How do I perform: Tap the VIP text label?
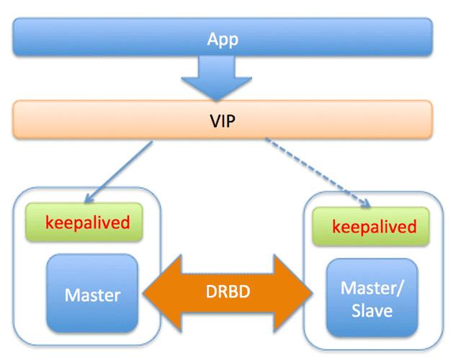pyautogui.click(x=223, y=120)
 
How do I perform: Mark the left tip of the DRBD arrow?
pyautogui.click(x=144, y=293)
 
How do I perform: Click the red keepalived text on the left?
pyautogui.click(x=87, y=221)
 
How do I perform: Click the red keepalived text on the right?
pyautogui.click(x=374, y=227)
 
